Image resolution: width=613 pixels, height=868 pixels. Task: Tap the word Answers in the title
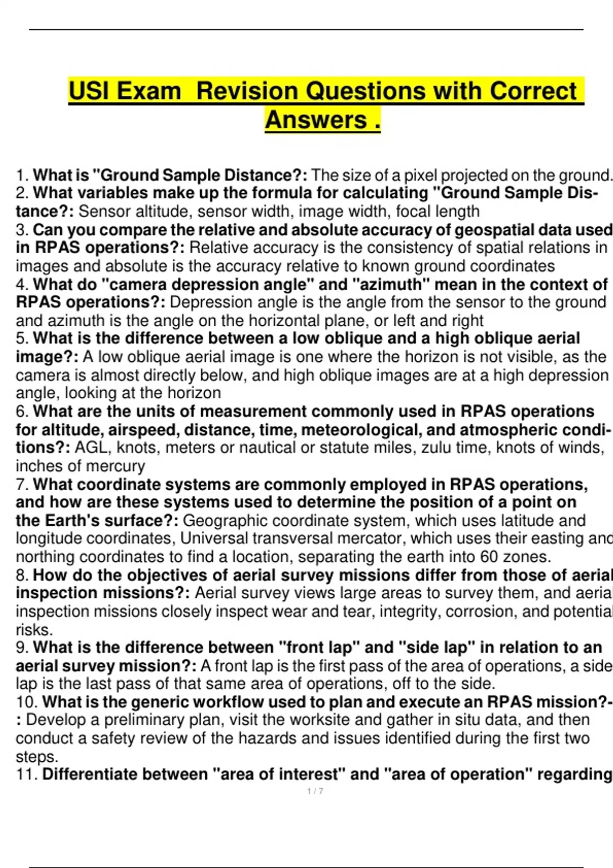click(316, 120)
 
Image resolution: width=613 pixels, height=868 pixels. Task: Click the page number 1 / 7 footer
click(315, 791)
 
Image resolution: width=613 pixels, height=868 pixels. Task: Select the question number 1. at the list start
click(22, 176)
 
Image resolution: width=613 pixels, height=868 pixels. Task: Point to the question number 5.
click(22, 339)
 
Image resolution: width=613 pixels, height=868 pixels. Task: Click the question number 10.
click(27, 702)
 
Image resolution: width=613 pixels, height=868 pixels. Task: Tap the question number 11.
click(27, 775)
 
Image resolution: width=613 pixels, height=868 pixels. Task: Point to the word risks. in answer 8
click(34, 630)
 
